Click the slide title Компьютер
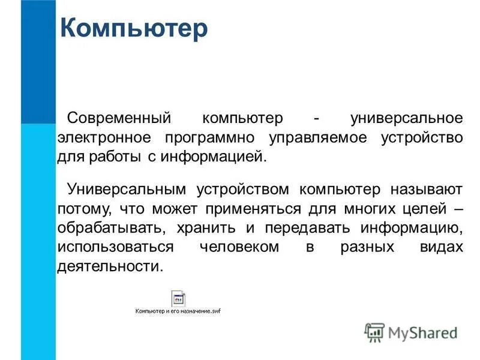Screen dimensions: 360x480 (134, 29)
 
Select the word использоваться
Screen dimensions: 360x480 (116, 248)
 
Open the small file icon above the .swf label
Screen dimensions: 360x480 (178, 299)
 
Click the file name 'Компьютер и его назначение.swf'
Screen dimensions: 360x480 (178, 312)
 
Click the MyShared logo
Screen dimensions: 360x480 (411, 331)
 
